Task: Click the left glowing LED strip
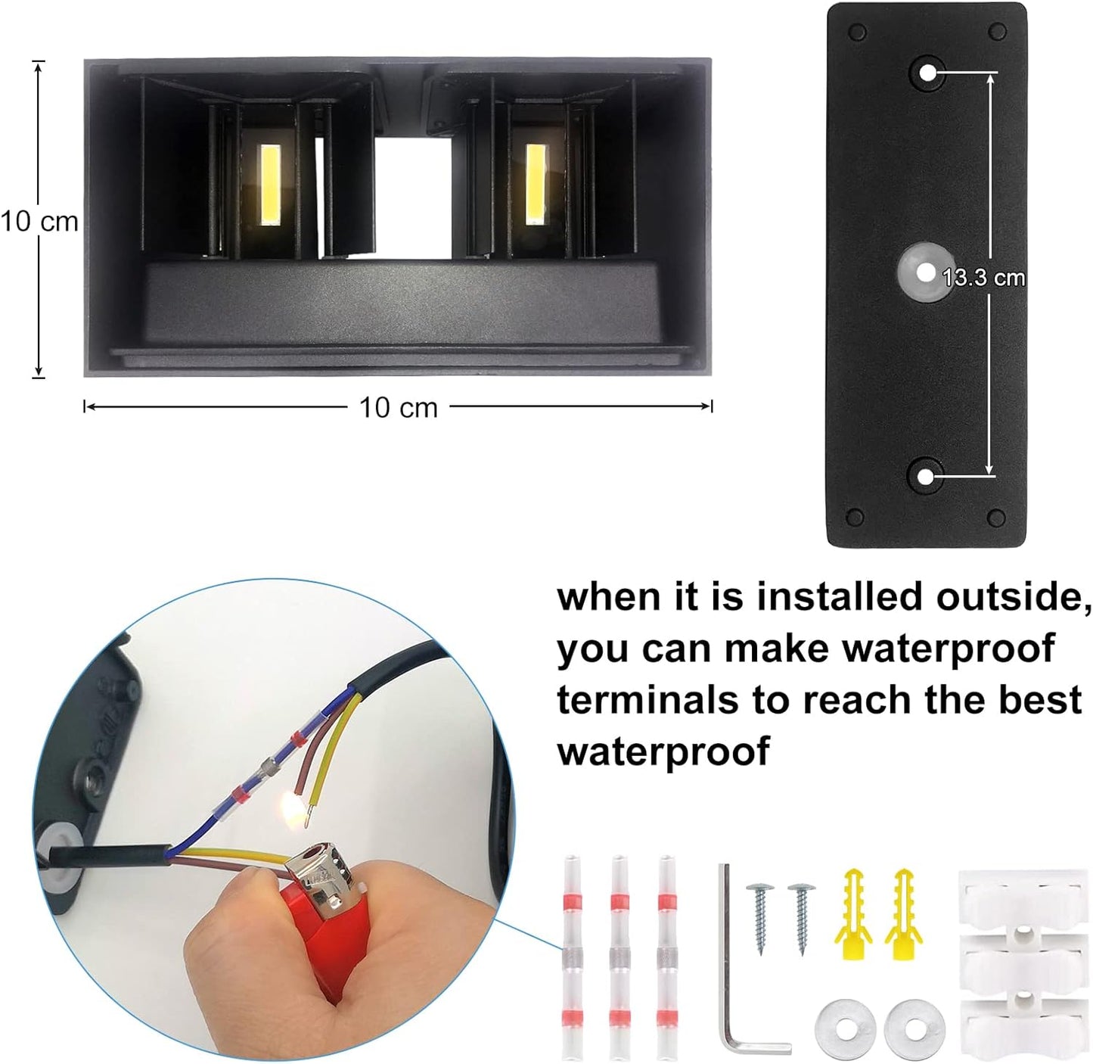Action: point(270,185)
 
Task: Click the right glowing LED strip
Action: point(536,184)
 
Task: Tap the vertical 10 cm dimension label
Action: point(39,221)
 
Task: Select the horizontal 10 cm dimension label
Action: point(398,407)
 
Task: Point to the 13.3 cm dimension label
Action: point(983,277)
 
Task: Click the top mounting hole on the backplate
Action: point(927,73)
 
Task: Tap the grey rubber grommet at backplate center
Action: point(923,272)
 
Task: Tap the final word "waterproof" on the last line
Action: point(663,751)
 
